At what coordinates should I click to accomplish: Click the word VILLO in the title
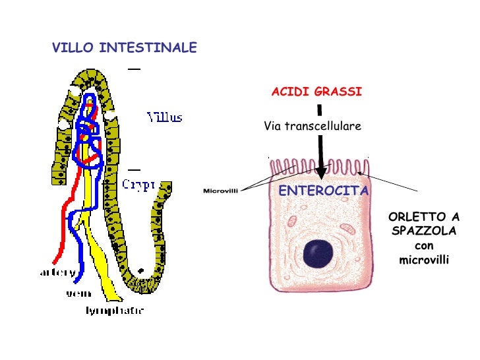pos(73,48)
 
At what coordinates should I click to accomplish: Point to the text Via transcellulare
pos(313,126)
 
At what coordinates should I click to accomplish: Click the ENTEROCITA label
pos(323,191)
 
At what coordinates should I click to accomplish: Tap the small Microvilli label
pos(220,191)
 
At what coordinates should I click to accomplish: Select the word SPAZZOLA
pos(424,231)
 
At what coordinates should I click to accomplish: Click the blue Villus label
pos(165,118)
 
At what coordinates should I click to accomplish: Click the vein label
pos(78,293)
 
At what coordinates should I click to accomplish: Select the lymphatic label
pos(115,310)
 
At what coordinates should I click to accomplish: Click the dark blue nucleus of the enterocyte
pos(318,253)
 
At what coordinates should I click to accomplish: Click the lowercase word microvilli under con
pos(424,260)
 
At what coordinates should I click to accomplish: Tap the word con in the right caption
pos(424,246)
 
